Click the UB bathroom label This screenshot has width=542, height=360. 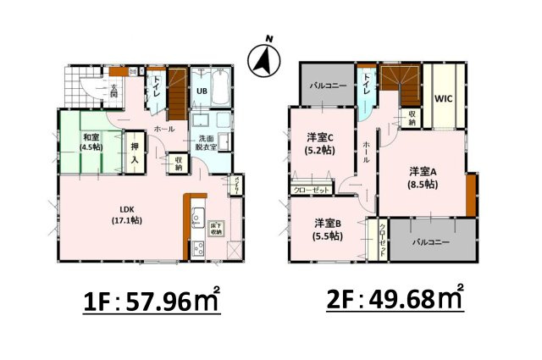tap(203, 90)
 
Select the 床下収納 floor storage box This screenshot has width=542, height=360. tap(216, 227)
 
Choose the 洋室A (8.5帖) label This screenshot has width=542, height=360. tap(421, 175)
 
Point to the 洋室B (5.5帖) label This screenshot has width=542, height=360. tap(327, 230)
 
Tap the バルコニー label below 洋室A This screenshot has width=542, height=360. tap(431, 241)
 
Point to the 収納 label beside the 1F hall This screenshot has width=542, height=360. tap(178, 163)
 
